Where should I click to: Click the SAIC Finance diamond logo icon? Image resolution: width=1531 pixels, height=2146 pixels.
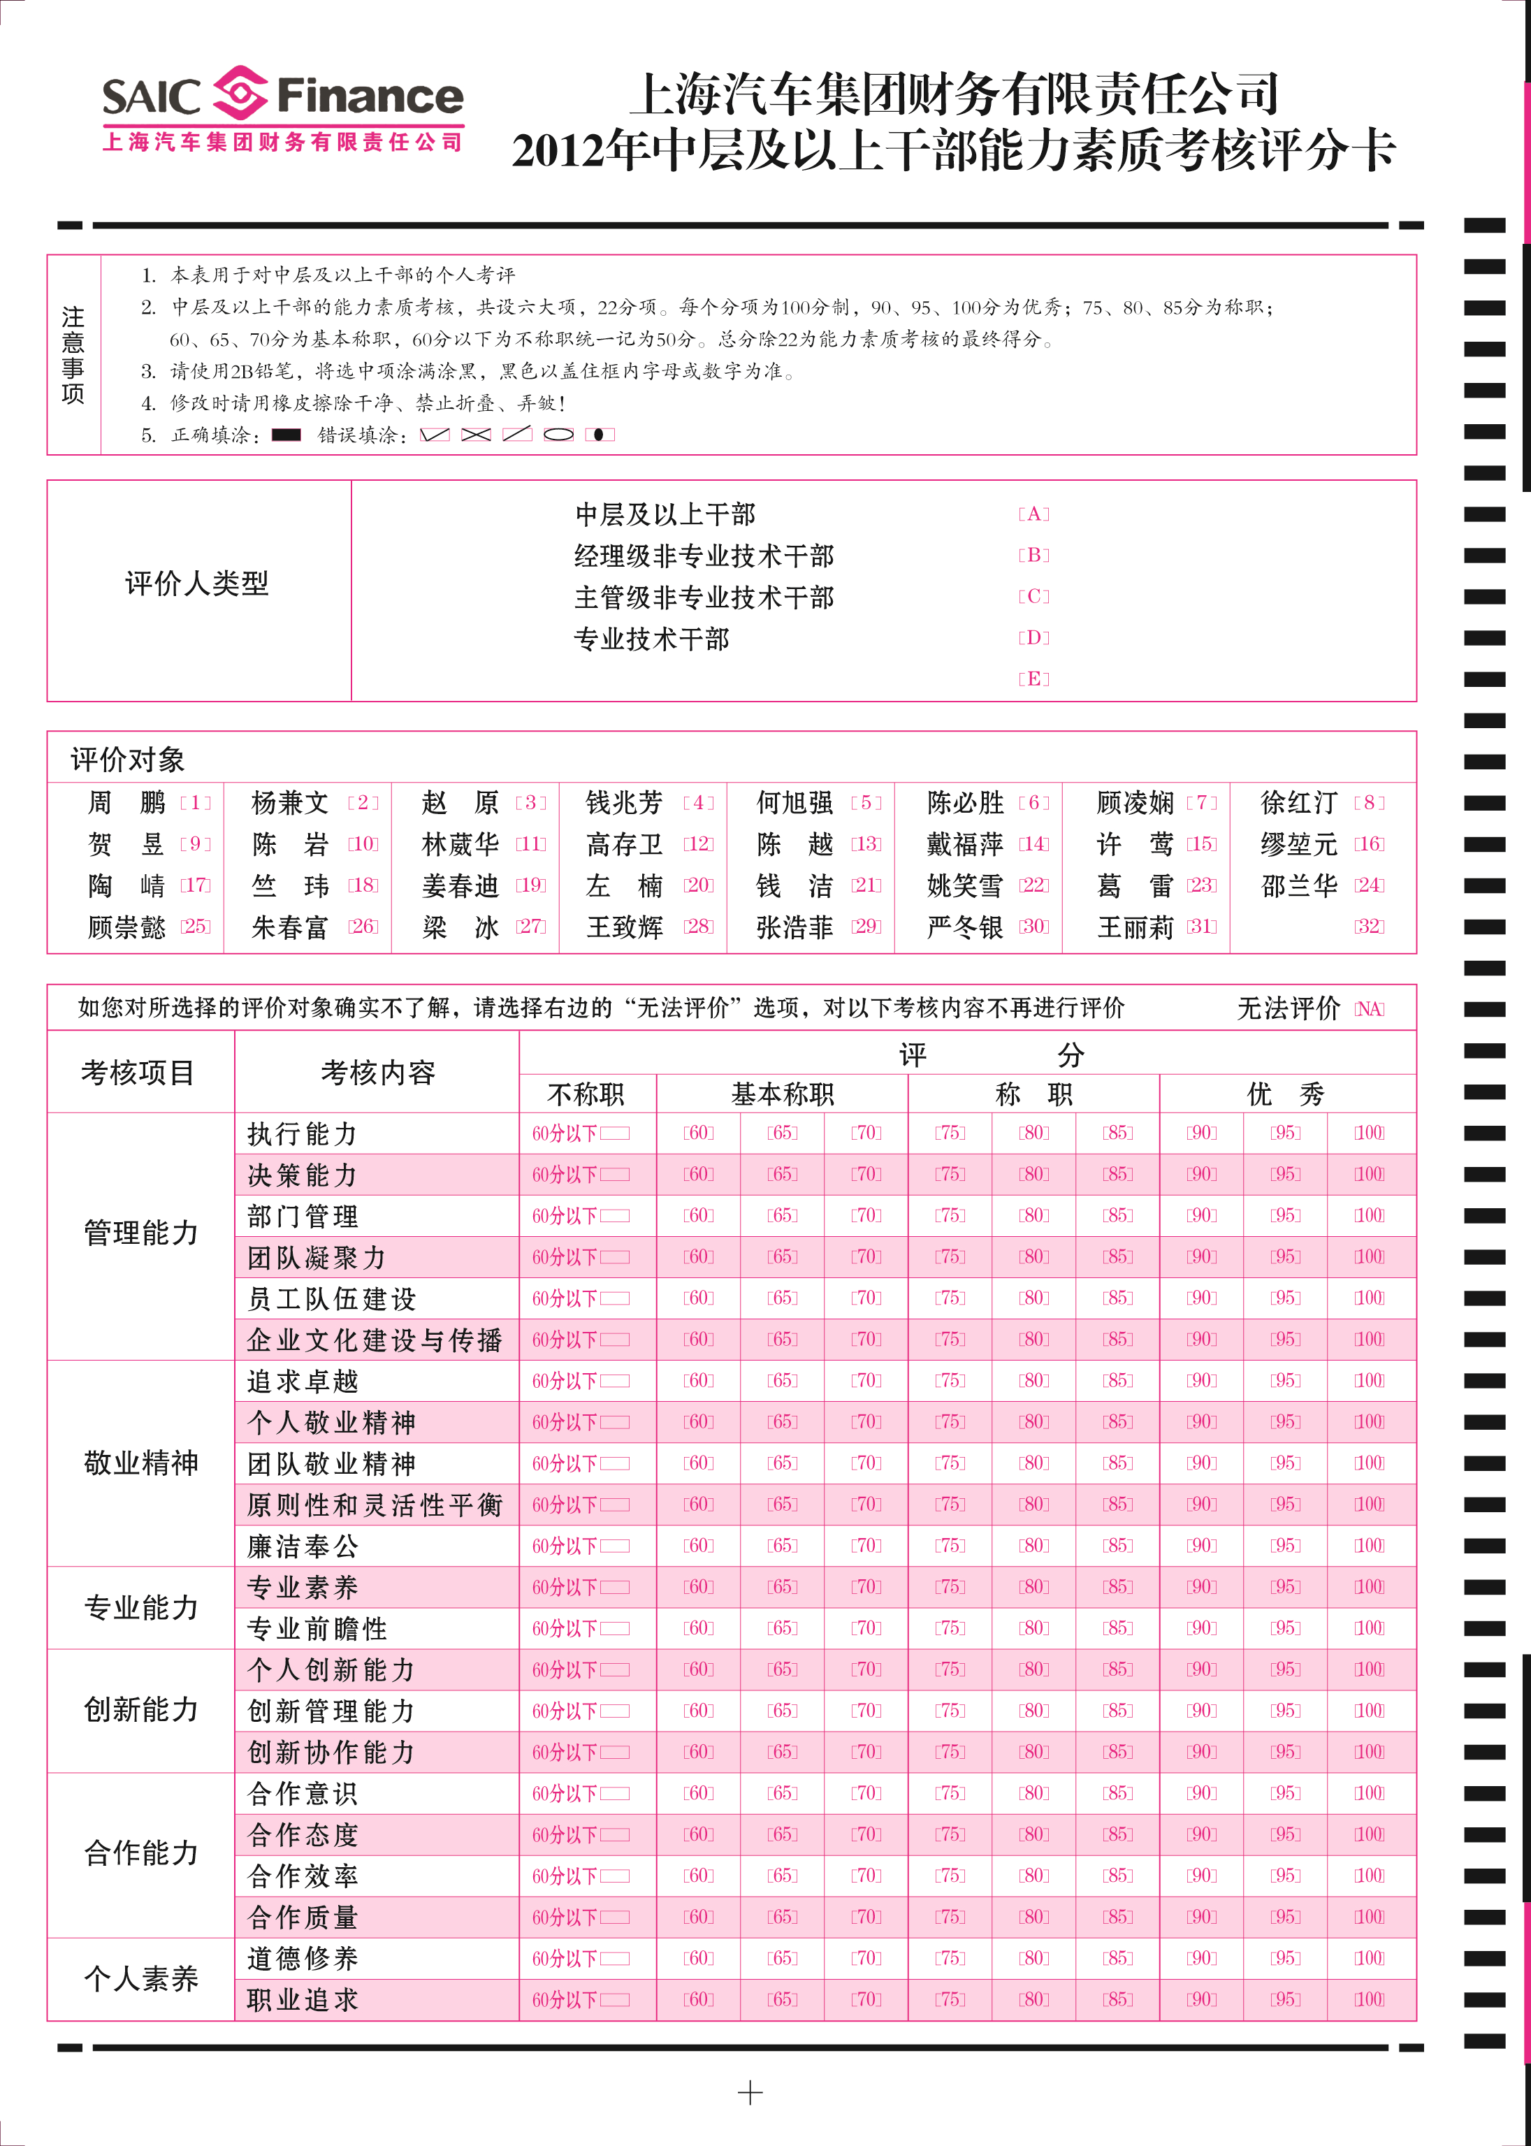tap(240, 94)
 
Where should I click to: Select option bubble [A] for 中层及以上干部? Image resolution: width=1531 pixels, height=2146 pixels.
tap(1033, 514)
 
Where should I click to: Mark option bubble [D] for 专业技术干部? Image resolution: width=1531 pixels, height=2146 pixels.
tap(1033, 637)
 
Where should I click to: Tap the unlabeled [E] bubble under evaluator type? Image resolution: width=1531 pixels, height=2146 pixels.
tap(1033, 679)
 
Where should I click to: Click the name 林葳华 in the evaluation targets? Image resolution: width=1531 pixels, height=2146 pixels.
tap(460, 844)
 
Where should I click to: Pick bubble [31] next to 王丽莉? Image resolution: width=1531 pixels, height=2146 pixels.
tap(1201, 926)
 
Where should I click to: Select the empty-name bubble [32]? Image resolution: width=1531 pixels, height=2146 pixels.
tap(1369, 926)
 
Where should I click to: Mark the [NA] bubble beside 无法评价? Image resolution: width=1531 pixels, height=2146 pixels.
tap(1369, 1009)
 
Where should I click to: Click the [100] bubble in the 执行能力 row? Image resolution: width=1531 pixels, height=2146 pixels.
tap(1369, 1133)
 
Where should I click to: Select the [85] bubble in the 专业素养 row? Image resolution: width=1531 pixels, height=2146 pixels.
tap(1117, 1587)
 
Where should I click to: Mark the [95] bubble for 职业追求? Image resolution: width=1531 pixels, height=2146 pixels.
tap(1285, 2000)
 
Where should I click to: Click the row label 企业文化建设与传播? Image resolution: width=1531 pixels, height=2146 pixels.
tap(375, 1340)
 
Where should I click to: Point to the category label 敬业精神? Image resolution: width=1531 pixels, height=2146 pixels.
tap(140, 1463)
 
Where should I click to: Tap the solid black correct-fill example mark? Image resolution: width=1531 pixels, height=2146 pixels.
tap(286, 435)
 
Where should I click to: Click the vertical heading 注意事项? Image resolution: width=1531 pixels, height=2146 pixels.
tap(73, 354)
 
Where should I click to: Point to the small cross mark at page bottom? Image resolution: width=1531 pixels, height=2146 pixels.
tap(750, 2093)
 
